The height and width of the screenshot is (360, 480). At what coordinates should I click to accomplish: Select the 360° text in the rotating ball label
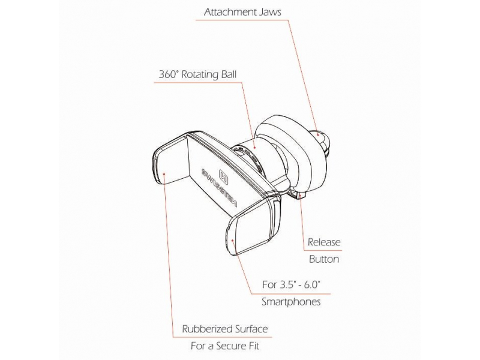pos(169,74)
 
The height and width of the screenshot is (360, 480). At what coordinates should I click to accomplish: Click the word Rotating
pos(200,74)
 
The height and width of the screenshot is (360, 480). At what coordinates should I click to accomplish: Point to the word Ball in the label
pos(229,74)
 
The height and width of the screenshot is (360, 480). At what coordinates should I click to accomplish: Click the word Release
pos(324,242)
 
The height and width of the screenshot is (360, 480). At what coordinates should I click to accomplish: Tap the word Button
pos(324,259)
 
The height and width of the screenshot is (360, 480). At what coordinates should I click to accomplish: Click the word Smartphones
pos(291,302)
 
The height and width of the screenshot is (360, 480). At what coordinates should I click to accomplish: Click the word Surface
pos(251,329)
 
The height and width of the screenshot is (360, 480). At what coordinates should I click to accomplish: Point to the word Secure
pos(227,346)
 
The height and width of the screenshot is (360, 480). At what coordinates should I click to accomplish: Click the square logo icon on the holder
pos(223,176)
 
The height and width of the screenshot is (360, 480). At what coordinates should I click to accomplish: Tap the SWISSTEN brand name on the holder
pos(220,187)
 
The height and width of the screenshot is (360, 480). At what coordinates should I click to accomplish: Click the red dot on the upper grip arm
pos(164,174)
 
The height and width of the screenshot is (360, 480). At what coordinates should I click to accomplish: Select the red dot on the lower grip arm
pos(233,241)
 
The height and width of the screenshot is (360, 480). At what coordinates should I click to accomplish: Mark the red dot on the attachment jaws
pos(319,134)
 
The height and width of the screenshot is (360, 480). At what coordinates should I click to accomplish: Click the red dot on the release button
pos(300,194)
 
